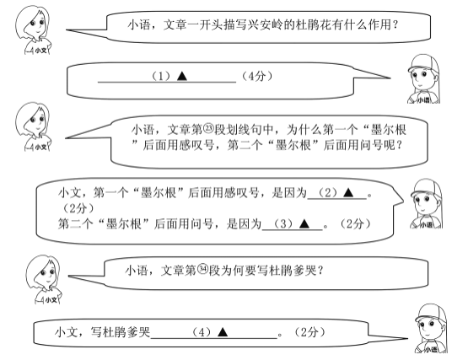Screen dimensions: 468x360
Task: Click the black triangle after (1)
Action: tap(182, 76)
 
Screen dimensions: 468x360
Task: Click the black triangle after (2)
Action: tap(348, 192)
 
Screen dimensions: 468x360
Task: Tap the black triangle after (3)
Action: tap(304, 223)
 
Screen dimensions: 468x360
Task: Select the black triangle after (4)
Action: tap(223, 332)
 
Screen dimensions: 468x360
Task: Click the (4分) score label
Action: tap(256, 77)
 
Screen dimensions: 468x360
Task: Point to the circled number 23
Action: tap(208, 129)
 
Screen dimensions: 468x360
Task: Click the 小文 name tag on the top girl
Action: tap(40, 51)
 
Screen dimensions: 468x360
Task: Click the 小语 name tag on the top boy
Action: tap(423, 99)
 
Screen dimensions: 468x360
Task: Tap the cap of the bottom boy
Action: tap(431, 313)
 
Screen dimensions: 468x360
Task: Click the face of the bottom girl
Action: tap(44, 275)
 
